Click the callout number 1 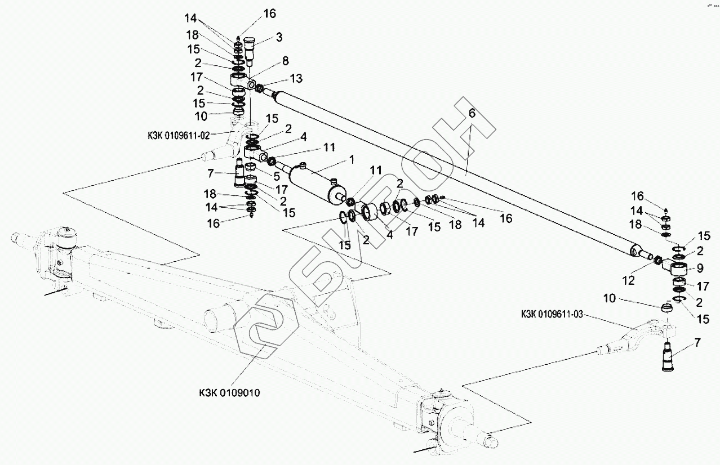point(352,159)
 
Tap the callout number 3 point(279,37)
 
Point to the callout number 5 point(277,176)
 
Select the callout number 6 point(472,113)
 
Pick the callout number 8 point(286,61)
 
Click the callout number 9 point(700,268)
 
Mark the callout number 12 point(628,280)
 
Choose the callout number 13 point(296,79)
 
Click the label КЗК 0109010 point(229,393)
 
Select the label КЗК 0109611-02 point(179,136)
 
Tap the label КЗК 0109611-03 point(552,314)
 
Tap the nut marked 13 point(259,87)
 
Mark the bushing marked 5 point(250,167)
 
